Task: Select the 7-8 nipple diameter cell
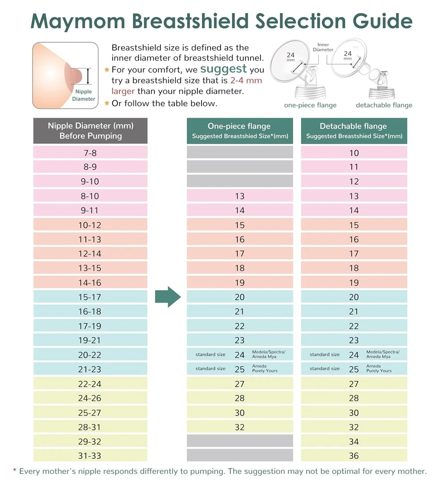tap(90, 153)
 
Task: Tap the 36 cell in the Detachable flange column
tap(354, 455)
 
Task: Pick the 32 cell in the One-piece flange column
tap(240, 427)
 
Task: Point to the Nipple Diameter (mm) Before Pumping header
tap(90, 131)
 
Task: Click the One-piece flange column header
tap(240, 131)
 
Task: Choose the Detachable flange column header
tap(354, 131)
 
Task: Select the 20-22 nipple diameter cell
tap(90, 355)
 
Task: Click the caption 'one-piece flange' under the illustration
tap(310, 105)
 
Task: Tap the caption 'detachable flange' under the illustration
tap(384, 105)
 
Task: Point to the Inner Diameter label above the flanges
tap(323, 47)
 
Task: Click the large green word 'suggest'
tap(223, 68)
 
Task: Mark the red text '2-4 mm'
tap(246, 80)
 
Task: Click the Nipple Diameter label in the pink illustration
tap(83, 95)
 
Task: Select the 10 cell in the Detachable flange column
tap(354, 153)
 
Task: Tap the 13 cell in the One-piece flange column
tap(240, 196)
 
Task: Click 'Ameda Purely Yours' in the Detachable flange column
tap(379, 369)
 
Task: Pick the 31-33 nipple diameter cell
tap(90, 455)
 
